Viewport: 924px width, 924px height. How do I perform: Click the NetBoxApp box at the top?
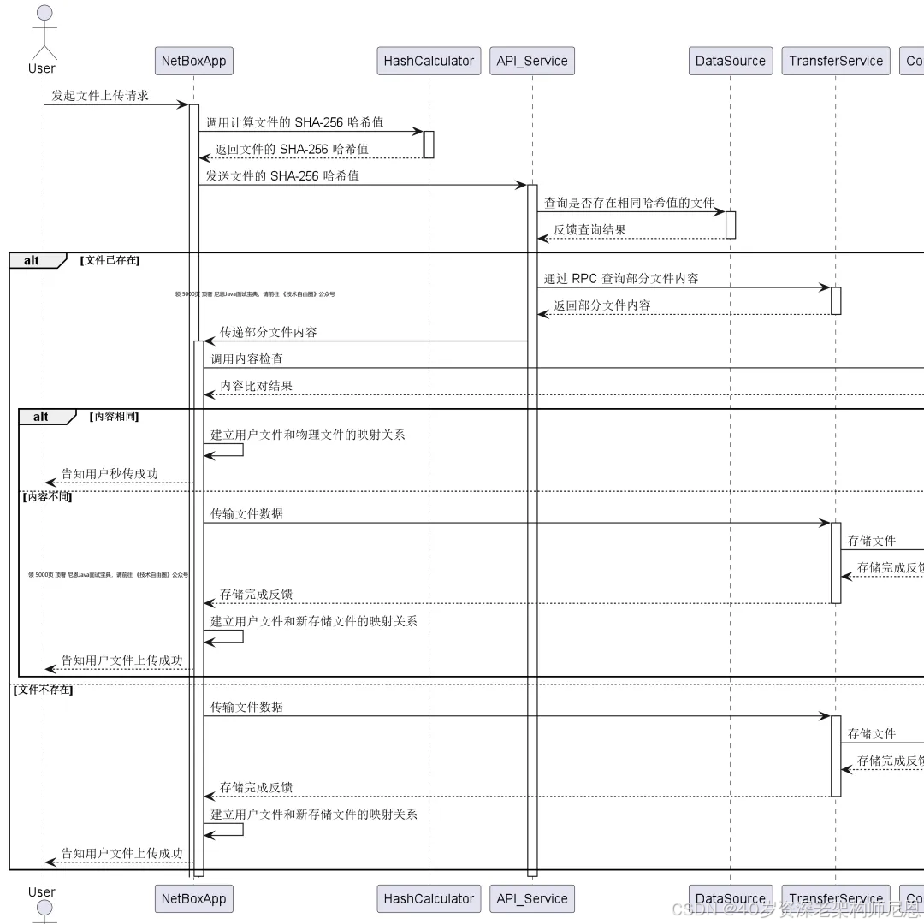tap(194, 61)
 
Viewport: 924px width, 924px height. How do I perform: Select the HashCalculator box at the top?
tap(429, 61)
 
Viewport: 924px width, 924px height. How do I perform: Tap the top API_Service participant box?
tap(532, 61)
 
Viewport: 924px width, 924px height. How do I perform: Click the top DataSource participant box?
tap(731, 61)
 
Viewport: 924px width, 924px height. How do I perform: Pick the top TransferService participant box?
tap(835, 61)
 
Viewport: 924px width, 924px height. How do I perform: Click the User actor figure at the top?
tap(43, 34)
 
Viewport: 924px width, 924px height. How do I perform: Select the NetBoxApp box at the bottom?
tap(194, 898)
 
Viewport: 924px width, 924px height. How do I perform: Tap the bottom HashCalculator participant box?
tap(429, 898)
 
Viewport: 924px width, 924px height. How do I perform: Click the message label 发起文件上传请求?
tap(100, 95)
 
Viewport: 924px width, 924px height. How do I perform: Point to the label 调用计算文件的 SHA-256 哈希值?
tap(294, 122)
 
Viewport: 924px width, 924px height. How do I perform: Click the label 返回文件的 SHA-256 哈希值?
tap(292, 149)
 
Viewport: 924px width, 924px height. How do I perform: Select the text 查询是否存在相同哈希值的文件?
tap(629, 203)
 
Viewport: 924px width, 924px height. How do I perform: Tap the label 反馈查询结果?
tap(589, 229)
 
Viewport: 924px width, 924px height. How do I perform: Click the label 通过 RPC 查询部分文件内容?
tap(621, 278)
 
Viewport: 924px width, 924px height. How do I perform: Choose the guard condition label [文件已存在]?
tap(110, 260)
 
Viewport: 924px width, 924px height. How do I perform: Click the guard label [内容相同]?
tap(114, 417)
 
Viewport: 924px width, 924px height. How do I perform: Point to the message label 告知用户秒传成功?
tap(110, 473)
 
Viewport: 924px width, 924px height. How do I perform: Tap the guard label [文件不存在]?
tap(43, 689)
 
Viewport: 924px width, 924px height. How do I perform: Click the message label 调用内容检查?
tap(247, 359)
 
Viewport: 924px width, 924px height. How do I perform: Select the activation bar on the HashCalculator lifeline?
tap(429, 145)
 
